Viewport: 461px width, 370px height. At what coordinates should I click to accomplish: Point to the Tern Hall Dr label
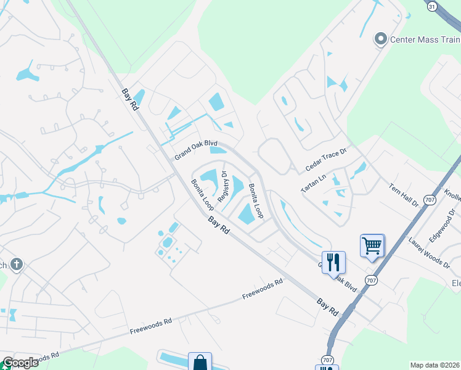click(404, 194)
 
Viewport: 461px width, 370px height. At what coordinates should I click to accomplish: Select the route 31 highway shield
click(431, 5)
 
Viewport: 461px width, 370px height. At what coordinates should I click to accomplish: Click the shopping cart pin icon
click(372, 245)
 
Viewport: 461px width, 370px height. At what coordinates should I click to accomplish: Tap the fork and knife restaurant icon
click(333, 261)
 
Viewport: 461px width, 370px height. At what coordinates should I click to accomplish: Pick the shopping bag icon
click(200, 362)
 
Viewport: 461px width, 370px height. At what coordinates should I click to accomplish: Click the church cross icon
click(17, 265)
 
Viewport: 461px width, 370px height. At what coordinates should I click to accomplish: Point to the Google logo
click(20, 363)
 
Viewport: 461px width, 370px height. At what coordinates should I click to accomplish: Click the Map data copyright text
click(434, 365)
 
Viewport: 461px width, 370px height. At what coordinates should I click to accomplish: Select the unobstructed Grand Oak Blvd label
click(196, 149)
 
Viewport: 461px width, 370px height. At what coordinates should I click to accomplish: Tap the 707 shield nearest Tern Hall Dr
click(430, 200)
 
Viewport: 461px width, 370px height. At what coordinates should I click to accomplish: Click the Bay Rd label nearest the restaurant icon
click(328, 305)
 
